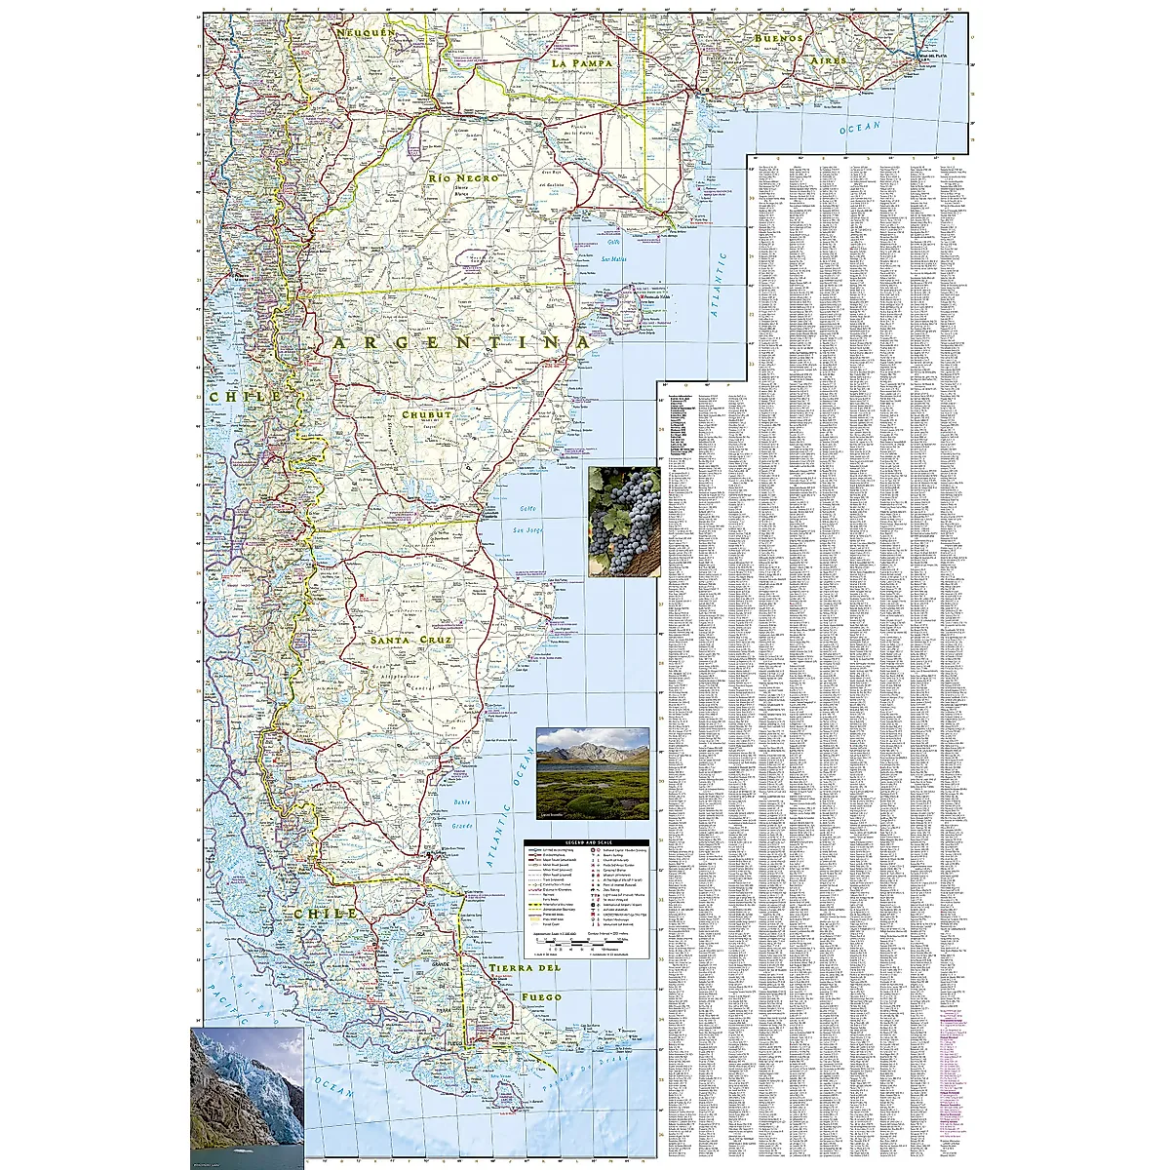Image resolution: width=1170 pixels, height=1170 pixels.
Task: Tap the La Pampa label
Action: pyautogui.click(x=581, y=62)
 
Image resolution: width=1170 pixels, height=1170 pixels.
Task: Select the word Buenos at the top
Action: pyautogui.click(x=777, y=38)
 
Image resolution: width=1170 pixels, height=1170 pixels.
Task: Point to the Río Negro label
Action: pyautogui.click(x=464, y=179)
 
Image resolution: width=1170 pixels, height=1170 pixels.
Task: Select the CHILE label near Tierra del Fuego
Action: pyautogui.click(x=322, y=914)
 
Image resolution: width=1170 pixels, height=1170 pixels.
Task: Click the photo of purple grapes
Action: pyautogui.click(x=624, y=522)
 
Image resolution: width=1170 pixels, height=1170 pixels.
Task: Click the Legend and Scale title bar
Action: pyautogui.click(x=587, y=843)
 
